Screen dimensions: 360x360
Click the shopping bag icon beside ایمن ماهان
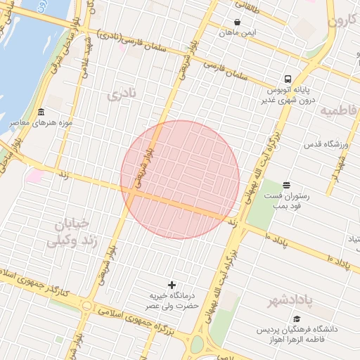[237, 22]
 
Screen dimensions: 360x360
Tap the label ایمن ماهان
[237, 32]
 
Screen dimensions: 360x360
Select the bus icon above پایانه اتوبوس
[288, 79]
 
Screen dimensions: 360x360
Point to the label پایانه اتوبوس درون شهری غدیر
[288, 95]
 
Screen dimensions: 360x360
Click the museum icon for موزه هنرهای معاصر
[41, 112]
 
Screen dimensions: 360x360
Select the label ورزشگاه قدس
[327, 144]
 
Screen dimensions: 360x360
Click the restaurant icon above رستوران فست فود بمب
[285, 185]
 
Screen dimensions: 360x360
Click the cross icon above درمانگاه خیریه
[172, 285]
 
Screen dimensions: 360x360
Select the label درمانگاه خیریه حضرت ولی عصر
[172, 301]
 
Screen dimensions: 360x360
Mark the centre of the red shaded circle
[180, 180]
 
